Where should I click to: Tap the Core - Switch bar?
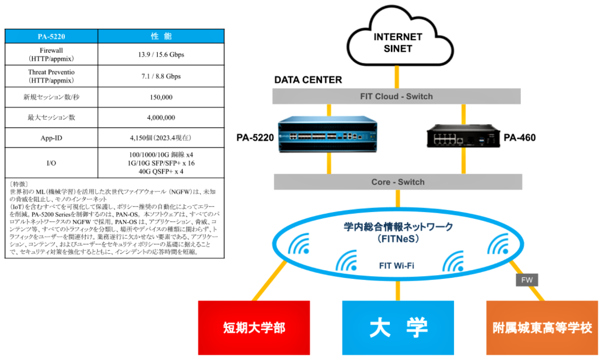pos(398,182)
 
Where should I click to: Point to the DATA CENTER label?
pos(308,80)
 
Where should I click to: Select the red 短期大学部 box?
pos(254,327)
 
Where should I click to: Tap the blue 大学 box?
pos(398,327)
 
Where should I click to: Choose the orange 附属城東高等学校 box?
pos(542,327)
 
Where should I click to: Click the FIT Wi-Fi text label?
pos(397,266)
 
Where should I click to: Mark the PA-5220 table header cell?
pos(51,36)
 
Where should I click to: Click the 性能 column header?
pos(161,36)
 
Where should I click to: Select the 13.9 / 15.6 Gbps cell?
pos(161,54)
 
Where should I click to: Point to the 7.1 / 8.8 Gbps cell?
pos(161,76)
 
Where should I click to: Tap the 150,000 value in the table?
pos(161,97)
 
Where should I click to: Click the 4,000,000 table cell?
pos(161,118)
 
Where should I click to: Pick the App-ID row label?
pos(51,138)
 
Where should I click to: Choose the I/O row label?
pos(51,163)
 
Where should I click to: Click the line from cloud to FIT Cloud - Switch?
pos(397,77)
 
